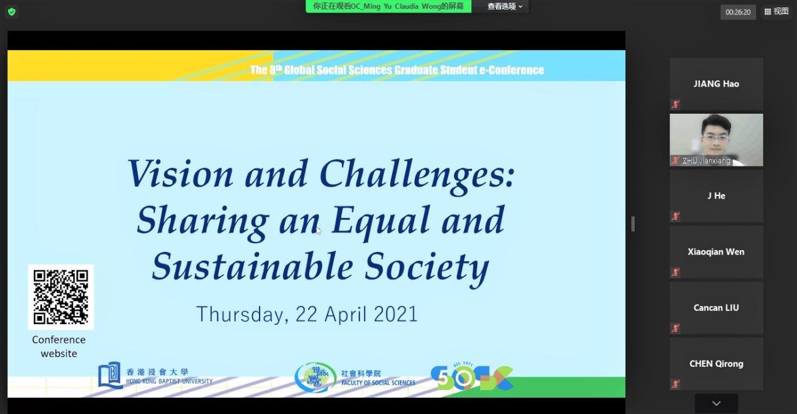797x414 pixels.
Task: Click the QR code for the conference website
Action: (x=61, y=297)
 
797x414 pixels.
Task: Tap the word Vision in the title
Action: (x=180, y=173)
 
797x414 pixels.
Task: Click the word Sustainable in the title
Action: (x=253, y=266)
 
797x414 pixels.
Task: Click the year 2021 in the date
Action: (x=395, y=314)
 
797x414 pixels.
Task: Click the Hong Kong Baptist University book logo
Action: (x=110, y=376)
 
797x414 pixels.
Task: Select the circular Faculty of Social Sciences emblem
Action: (x=316, y=377)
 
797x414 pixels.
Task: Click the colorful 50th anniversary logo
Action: (x=472, y=376)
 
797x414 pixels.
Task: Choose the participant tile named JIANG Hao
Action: (x=717, y=84)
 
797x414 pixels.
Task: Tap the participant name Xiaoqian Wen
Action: (x=716, y=252)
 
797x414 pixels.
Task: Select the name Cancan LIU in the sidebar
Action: (x=716, y=308)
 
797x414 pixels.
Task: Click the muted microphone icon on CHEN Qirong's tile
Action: (x=675, y=384)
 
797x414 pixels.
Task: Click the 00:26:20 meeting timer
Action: (x=738, y=12)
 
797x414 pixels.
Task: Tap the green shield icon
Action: (x=12, y=12)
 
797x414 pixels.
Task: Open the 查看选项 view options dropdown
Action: (x=505, y=6)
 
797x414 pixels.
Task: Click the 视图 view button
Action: (x=776, y=11)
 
